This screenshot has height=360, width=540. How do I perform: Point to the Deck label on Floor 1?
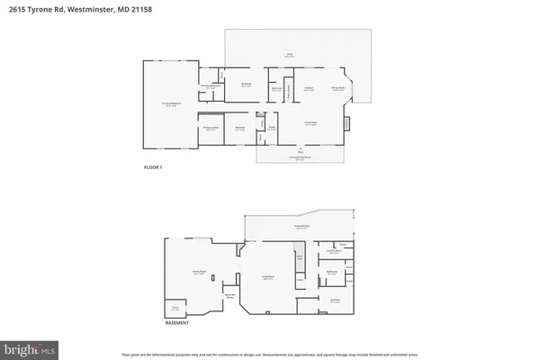290,55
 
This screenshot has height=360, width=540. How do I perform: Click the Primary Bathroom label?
211,86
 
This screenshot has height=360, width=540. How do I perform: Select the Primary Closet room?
211,129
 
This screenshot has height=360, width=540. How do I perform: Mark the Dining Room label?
338,89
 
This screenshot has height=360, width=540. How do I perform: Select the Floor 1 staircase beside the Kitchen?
290,91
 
